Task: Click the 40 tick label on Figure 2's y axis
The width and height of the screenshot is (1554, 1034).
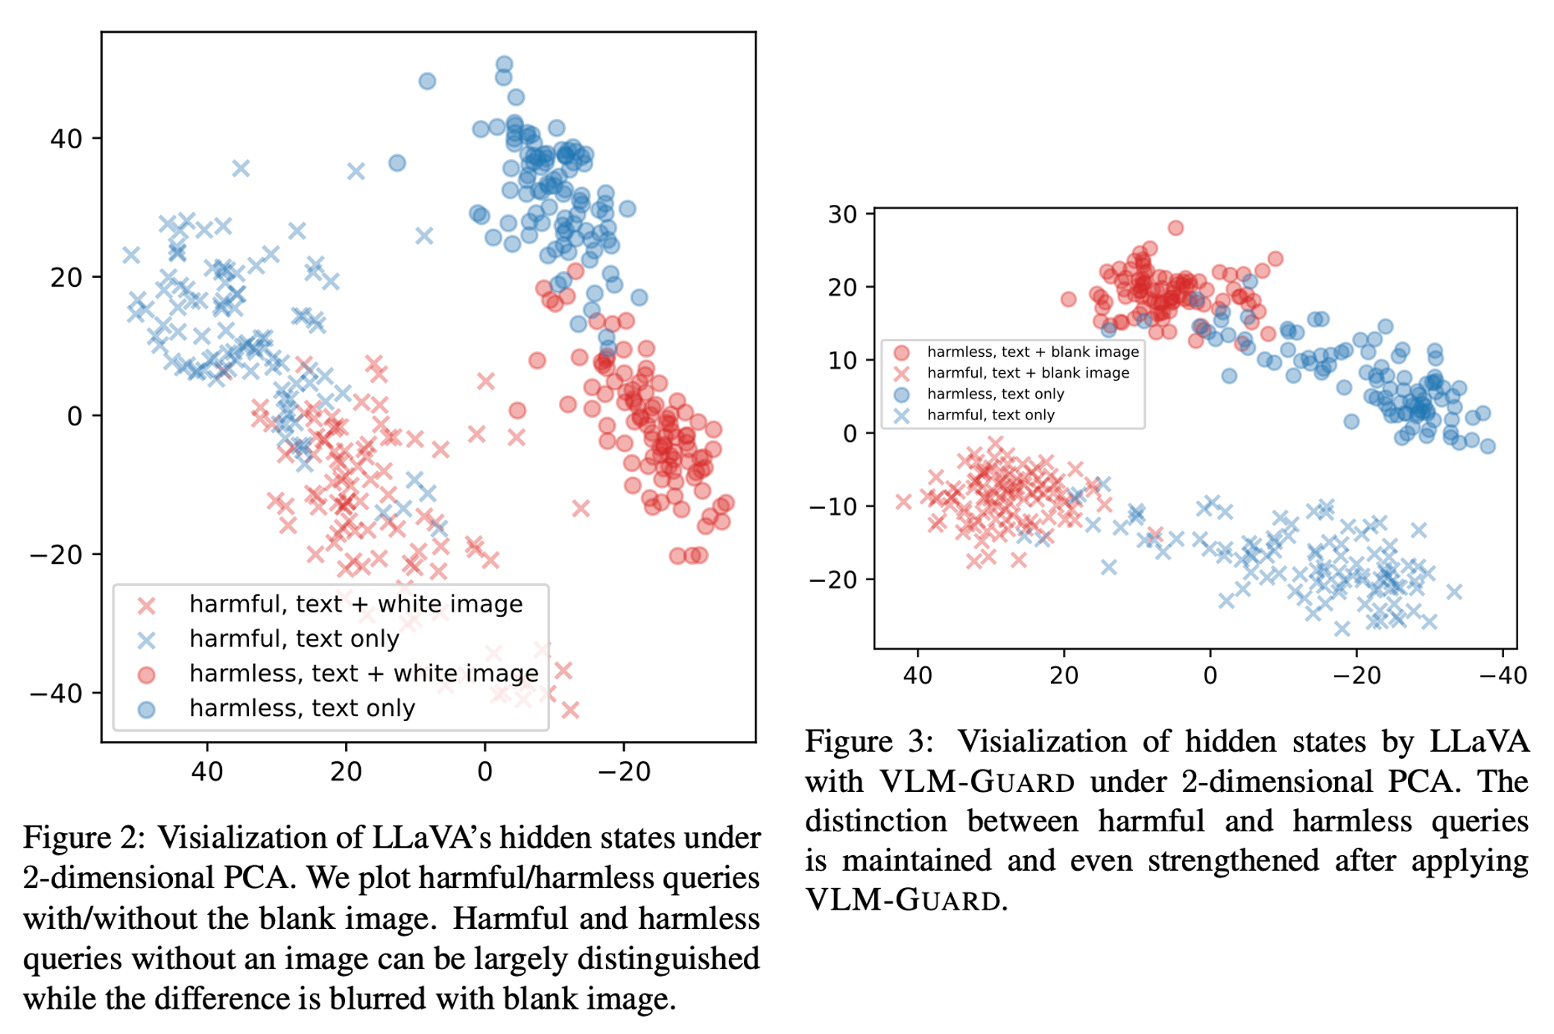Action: (66, 139)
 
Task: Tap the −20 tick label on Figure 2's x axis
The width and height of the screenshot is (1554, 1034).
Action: (624, 772)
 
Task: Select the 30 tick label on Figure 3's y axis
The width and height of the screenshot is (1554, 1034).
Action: (842, 215)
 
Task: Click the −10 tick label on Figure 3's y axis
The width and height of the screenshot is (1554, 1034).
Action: (833, 507)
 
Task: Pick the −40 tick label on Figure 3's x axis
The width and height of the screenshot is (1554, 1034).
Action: (1503, 676)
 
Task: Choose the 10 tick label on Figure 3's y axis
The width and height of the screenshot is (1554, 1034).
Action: (842, 361)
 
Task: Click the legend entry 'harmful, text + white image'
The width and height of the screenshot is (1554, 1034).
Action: (356, 604)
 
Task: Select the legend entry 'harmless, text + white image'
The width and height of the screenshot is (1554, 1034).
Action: (363, 673)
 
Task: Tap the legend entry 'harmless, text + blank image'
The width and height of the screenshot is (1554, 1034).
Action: (1032, 352)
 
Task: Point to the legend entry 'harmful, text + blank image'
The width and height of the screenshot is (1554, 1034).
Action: (1028, 372)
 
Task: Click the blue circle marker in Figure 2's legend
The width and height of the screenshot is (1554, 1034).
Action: (147, 709)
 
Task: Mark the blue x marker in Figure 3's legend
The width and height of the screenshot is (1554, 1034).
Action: (902, 416)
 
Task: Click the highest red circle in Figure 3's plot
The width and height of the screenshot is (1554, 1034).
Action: (1175, 228)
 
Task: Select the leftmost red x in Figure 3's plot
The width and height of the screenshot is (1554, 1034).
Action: (903, 501)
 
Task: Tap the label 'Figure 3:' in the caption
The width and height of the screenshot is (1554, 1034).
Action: (868, 742)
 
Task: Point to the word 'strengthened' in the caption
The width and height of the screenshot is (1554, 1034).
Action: (1234, 861)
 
